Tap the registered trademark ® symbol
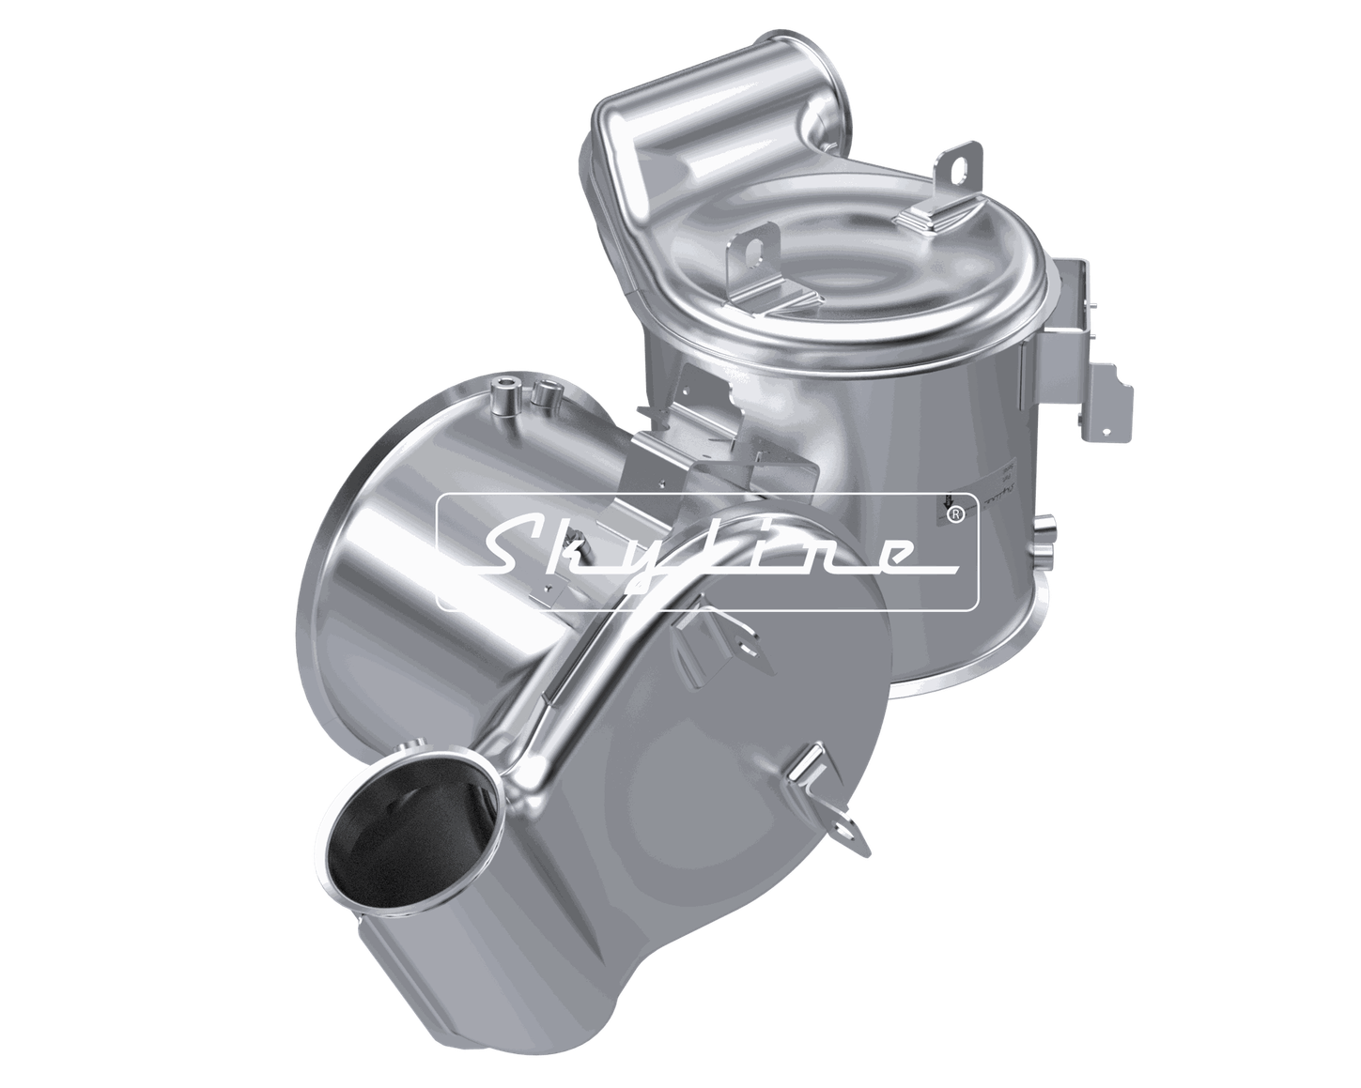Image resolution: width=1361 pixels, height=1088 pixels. [957, 514]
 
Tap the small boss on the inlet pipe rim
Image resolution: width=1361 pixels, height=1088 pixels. [407, 748]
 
